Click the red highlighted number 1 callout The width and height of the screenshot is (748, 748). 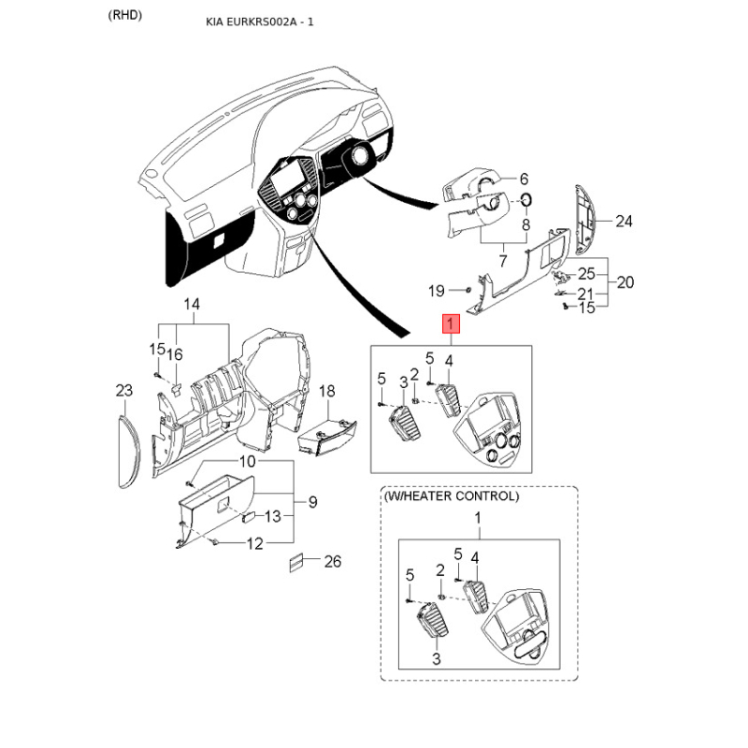pos(451,324)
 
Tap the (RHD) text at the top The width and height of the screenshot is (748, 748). pos(125,15)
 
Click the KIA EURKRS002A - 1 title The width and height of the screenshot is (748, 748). pos(260,22)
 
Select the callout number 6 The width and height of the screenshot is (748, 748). pos(524,179)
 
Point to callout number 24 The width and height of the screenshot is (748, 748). pos(624,222)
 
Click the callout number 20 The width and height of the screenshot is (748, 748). pos(625,282)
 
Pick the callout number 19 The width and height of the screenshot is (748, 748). pos(436,291)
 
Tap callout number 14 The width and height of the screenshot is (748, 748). pos(192,304)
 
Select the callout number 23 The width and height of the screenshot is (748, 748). pos(124,391)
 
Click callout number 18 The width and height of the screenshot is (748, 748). pos(326,391)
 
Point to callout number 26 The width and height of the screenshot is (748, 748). pos(333,562)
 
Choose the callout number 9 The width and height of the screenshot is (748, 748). pos(313,502)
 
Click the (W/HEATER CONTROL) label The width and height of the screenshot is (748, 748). pos(452,496)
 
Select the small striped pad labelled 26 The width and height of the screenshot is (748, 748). pos(296,563)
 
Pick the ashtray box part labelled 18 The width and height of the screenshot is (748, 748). pos(326,438)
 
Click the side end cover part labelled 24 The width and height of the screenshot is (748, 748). pos(585,220)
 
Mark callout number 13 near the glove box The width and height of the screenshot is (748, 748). pos(272,516)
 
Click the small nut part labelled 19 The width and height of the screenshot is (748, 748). pos(468,289)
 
